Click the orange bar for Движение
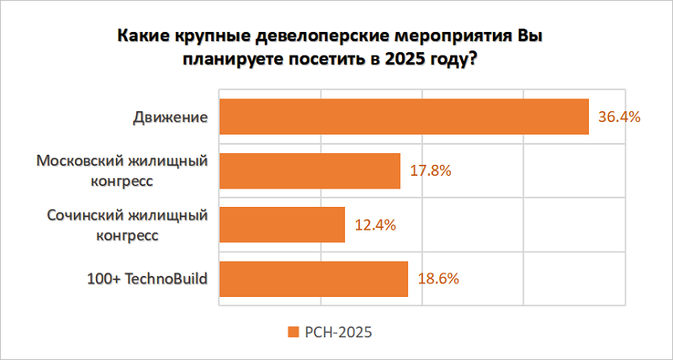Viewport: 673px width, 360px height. point(404,116)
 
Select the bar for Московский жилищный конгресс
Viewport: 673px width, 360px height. point(310,171)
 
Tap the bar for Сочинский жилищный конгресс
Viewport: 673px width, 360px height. point(282,225)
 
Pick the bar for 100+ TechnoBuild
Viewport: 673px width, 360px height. point(313,278)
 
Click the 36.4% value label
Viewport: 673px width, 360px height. point(619,117)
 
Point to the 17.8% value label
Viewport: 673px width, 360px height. point(431,171)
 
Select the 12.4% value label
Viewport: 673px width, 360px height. point(375,225)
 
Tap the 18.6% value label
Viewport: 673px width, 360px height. point(437,278)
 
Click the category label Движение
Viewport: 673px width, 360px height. point(170,117)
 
